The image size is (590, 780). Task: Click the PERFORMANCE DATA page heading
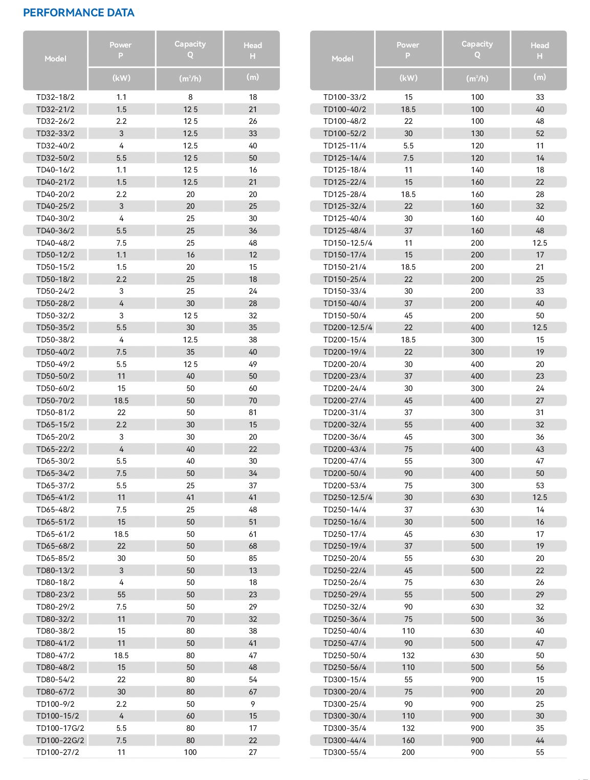79,13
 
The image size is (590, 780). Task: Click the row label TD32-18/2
55,97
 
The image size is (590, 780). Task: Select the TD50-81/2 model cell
55,413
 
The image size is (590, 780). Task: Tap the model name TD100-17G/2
60,728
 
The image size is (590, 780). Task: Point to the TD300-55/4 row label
345,752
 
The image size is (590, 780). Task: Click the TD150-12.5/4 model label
348,243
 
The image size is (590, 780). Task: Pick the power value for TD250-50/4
408,656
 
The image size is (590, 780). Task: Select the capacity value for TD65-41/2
190,497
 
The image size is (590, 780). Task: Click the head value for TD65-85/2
253,558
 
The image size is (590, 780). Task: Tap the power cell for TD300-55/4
408,752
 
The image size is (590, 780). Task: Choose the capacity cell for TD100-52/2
477,134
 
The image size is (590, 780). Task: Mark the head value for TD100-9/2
253,704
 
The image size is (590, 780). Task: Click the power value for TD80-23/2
121,595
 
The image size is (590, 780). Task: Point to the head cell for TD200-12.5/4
540,328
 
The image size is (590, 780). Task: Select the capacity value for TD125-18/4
477,170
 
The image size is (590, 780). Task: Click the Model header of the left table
55,59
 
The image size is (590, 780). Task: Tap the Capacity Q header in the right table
477,49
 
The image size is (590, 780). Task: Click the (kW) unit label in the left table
121,78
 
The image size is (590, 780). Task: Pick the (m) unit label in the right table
540,77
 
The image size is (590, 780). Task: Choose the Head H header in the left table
253,50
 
